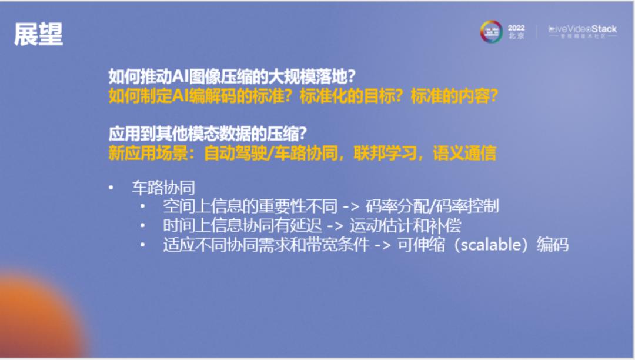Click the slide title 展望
39,35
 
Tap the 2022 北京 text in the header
516,32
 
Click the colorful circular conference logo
491,32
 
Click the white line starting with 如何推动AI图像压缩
234,76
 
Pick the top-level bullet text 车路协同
163,188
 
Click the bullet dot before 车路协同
111,188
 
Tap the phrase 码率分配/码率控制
432,206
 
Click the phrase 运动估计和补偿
406,225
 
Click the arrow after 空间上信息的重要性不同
351,206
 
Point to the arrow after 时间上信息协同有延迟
335,225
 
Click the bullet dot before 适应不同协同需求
142,245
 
